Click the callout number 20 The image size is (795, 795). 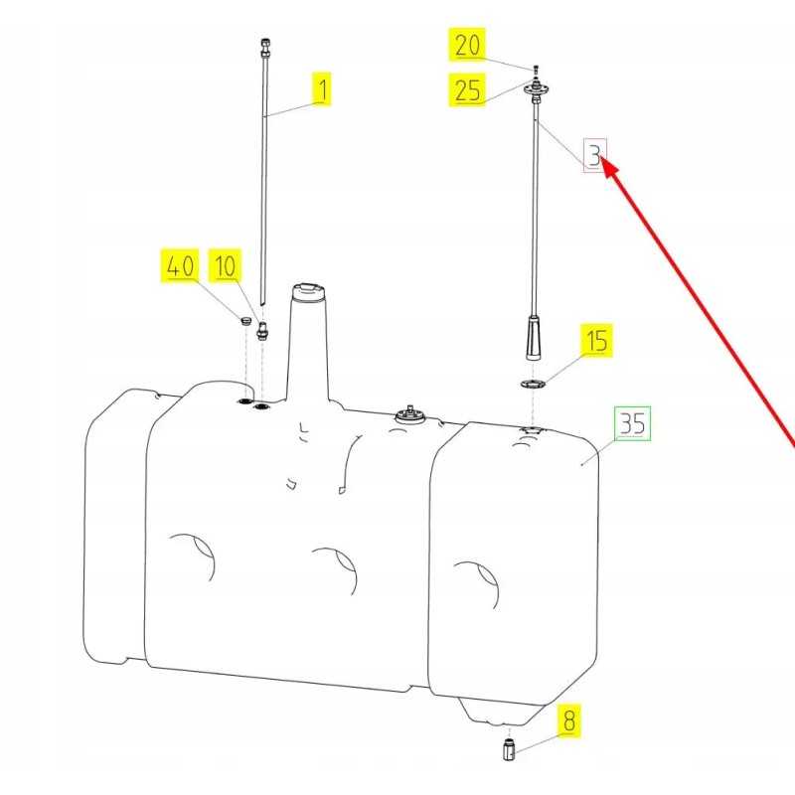pos(467,45)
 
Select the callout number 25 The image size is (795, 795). pos(467,90)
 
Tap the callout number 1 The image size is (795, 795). pos(322,88)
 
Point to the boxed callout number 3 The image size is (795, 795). pos(594,155)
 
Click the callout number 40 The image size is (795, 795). pos(180,265)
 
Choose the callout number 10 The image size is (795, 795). pos(226,265)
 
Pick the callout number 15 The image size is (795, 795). pos(596,340)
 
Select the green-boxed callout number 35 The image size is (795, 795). pos(632,423)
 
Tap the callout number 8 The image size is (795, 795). pos(569,720)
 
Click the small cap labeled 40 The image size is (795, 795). pos(245,320)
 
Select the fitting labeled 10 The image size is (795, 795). pos(262,331)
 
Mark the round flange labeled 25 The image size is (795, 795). pos(536,90)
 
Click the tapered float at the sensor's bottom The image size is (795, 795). pos(533,337)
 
